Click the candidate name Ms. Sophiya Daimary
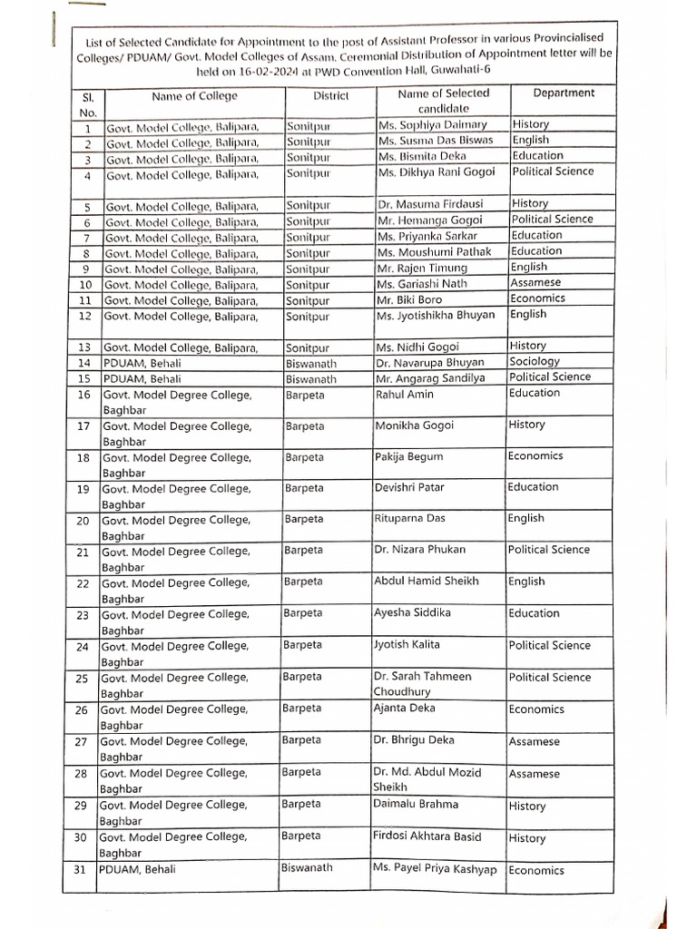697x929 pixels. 432,124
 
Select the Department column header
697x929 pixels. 564,93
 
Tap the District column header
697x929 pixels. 331,95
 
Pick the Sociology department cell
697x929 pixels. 535,361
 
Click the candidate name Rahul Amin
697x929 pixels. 404,395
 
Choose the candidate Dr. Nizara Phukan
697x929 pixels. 419,550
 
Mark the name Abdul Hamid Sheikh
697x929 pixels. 426,581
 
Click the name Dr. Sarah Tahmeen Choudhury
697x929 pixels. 422,684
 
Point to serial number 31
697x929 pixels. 81,869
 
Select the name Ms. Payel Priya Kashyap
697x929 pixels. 434,868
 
